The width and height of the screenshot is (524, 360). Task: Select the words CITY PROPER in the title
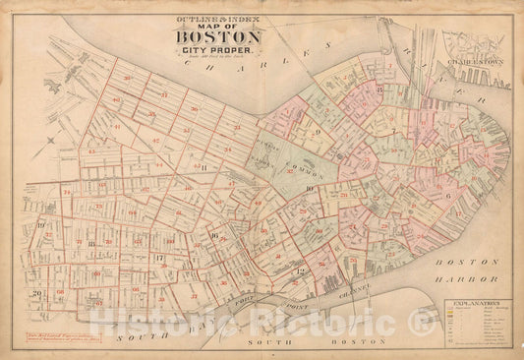218,51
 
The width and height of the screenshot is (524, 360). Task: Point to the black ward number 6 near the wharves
448,196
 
